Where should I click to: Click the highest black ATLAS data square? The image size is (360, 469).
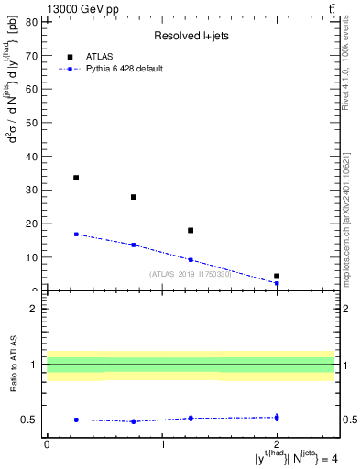(76, 178)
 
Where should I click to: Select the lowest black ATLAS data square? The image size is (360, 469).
(277, 276)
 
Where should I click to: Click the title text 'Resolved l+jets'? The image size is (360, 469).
(190, 37)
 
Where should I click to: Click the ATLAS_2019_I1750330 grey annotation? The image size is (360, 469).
(191, 274)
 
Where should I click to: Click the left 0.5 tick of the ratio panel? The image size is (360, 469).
(33, 420)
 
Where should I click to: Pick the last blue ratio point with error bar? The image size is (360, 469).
(277, 417)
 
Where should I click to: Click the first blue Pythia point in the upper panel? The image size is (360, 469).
(76, 234)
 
